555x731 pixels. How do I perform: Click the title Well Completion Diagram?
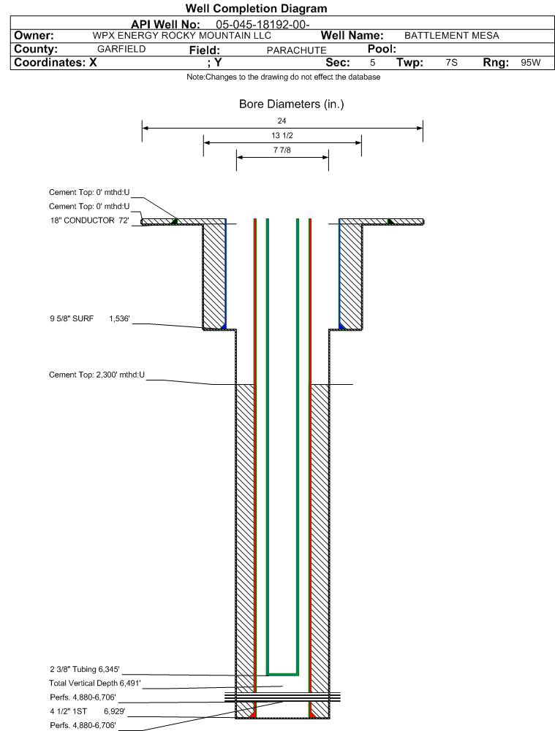click(256, 8)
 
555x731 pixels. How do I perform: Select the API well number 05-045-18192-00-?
click(263, 25)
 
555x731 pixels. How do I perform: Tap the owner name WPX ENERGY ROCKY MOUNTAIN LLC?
click(181, 36)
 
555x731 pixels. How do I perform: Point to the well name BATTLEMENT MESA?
click(451, 36)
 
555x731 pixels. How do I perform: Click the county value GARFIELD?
click(121, 50)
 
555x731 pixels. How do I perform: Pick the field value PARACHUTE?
click(296, 50)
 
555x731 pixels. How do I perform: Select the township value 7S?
click(451, 63)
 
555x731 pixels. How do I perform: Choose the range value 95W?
click(530, 63)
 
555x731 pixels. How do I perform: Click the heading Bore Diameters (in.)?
click(291, 104)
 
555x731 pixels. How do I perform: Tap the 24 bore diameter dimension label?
click(282, 120)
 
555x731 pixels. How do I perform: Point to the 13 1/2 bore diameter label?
click(282, 135)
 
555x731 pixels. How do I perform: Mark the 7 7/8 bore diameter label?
click(282, 150)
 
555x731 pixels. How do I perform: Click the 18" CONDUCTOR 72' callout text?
click(90, 221)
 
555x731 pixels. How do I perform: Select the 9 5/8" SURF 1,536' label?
click(90, 319)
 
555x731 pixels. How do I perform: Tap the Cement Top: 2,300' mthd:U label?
click(97, 375)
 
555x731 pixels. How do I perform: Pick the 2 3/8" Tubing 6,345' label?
click(85, 670)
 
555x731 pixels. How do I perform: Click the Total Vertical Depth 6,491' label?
click(95, 684)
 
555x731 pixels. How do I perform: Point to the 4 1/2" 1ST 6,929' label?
click(87, 712)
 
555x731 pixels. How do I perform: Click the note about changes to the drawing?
click(283, 77)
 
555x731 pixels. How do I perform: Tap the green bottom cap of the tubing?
click(282, 674)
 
